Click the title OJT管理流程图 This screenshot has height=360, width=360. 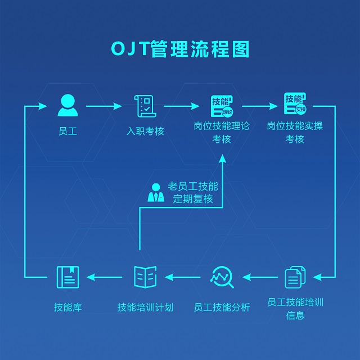point(180,48)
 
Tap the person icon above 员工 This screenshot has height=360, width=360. point(67,105)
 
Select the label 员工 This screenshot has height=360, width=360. point(67,131)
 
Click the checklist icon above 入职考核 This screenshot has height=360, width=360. point(145,105)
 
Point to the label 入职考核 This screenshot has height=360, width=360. point(145,131)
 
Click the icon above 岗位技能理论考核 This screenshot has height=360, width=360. point(222,105)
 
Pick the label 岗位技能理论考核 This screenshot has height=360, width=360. point(222,132)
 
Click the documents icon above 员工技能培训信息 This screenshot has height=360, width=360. point(295,277)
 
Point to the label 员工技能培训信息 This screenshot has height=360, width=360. point(295,308)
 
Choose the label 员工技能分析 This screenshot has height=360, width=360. point(222,307)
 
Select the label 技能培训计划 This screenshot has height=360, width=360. point(145,307)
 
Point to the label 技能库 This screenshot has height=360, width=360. point(67,307)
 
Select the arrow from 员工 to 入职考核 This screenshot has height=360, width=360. point(104,106)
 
